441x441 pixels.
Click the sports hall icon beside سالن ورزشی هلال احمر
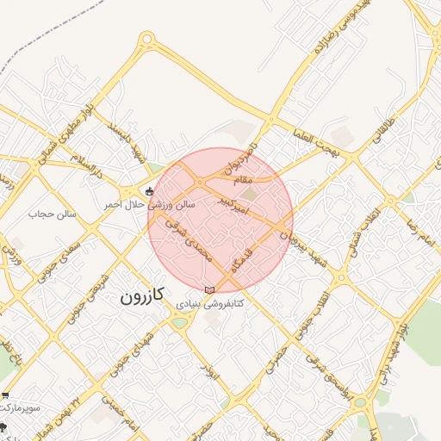150,191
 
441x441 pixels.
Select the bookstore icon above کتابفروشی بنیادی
210,289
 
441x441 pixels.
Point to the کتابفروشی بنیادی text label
210,303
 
